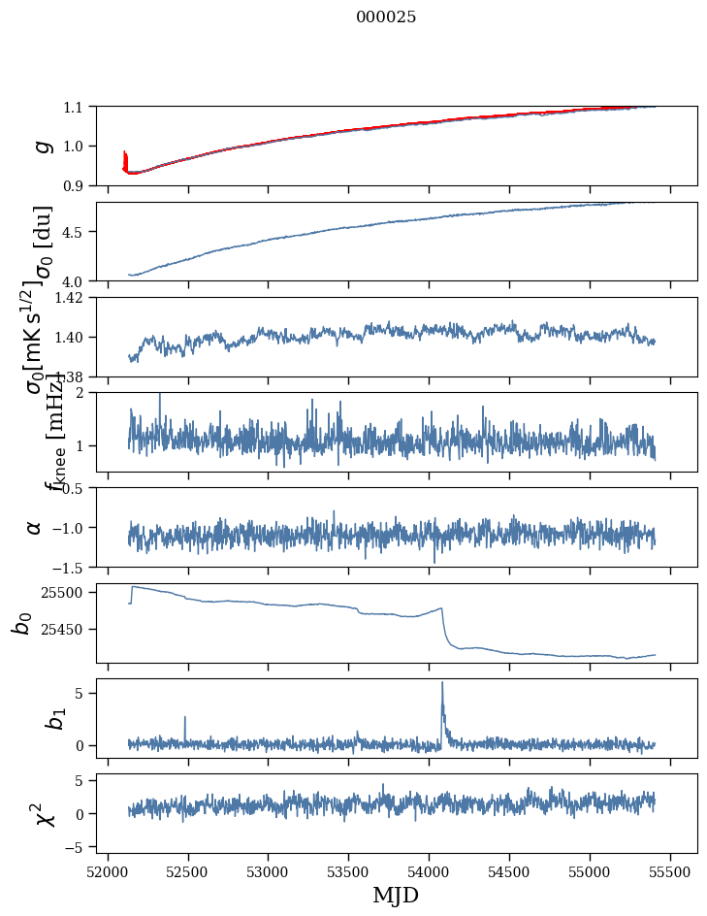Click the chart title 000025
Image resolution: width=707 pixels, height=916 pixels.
[386, 17]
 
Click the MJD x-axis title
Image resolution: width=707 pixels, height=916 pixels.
[396, 896]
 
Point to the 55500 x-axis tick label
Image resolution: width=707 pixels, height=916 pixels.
[671, 870]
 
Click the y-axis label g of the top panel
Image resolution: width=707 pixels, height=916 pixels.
[42, 146]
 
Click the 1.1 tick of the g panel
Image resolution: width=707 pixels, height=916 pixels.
[74, 107]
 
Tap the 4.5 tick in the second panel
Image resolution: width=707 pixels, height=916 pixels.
[74, 232]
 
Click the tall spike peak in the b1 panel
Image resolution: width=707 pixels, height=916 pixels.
[442, 682]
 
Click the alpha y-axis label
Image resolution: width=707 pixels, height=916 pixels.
[34, 527]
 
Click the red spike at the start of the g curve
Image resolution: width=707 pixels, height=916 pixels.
[125, 155]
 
